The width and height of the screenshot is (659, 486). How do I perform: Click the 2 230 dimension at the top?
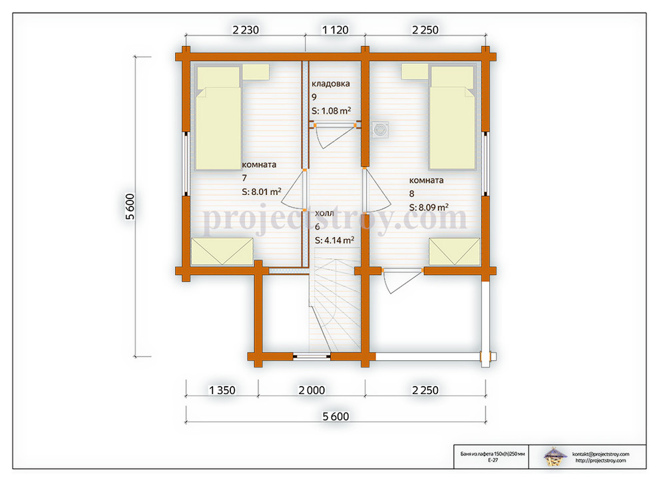click(x=246, y=30)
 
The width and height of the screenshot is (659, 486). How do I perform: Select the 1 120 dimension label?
click(x=335, y=30)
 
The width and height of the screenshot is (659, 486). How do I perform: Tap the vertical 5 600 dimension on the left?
click(x=130, y=206)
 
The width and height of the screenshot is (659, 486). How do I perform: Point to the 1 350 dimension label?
click(x=222, y=390)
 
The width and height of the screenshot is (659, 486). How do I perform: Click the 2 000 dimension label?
click(x=312, y=390)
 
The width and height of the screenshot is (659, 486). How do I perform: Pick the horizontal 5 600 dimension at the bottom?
click(x=335, y=416)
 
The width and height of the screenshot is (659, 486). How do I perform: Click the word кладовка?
click(x=331, y=84)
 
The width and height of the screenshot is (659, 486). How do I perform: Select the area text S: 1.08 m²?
click(x=331, y=111)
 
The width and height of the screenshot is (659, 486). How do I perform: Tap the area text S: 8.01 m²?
click(x=262, y=192)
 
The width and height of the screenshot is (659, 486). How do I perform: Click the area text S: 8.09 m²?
click(x=429, y=207)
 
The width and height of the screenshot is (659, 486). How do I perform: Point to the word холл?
click(x=324, y=213)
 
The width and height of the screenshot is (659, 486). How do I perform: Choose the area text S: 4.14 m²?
click(x=335, y=240)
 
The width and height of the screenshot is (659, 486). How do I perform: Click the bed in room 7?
click(x=218, y=118)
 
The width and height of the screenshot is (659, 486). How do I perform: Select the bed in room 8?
click(x=452, y=118)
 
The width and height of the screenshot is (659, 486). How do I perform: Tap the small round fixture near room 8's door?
click(x=380, y=130)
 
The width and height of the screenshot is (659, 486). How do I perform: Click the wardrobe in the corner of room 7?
click(x=222, y=252)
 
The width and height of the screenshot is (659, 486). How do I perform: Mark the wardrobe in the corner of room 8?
click(x=455, y=252)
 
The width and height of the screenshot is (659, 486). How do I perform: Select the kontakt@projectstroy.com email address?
click(x=600, y=454)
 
